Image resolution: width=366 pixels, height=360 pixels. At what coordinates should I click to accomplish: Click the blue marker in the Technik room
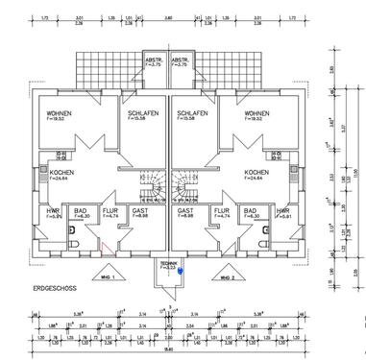point(179,272)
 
